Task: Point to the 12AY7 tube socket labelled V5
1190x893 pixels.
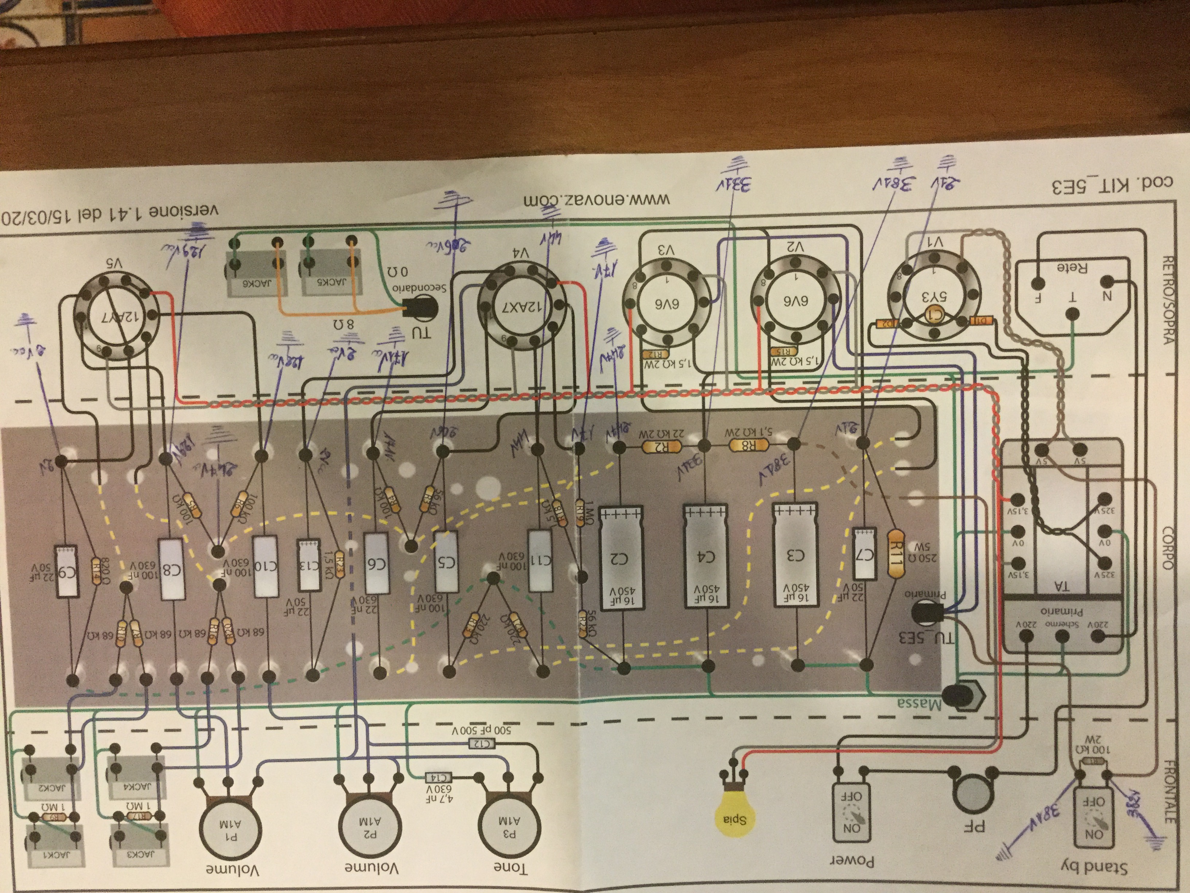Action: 116,315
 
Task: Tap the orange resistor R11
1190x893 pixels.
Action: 894,553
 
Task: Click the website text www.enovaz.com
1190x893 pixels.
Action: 597,200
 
